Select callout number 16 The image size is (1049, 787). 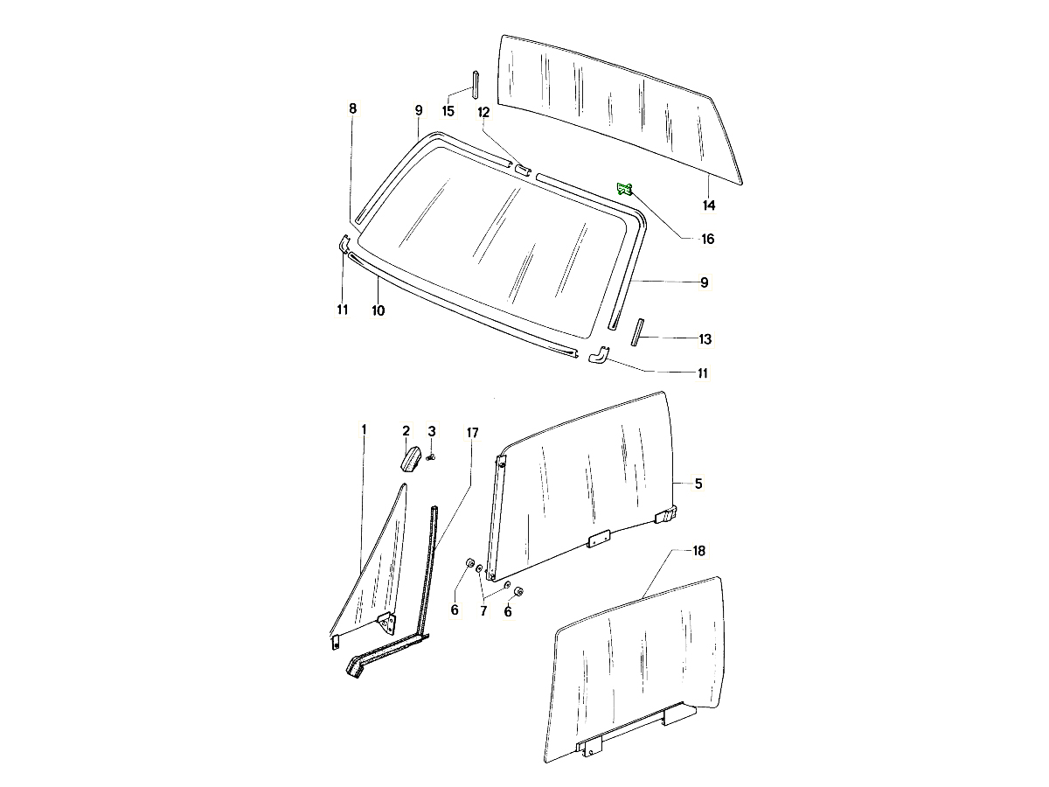click(708, 239)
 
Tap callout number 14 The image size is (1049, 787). click(709, 205)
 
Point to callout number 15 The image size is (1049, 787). click(448, 111)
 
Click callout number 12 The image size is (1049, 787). click(483, 112)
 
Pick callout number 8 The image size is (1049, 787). click(352, 108)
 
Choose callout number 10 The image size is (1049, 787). click(378, 310)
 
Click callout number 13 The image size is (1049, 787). click(705, 339)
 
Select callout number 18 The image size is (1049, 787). click(698, 551)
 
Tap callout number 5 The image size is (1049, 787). click(698, 484)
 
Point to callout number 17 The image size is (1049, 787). click(472, 433)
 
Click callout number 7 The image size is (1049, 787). click(483, 611)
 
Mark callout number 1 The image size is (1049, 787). click(364, 429)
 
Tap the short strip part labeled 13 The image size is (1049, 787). click(637, 332)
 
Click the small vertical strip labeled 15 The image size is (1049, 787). click(475, 85)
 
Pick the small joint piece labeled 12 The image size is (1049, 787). click(522, 171)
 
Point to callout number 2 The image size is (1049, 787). click(406, 431)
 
